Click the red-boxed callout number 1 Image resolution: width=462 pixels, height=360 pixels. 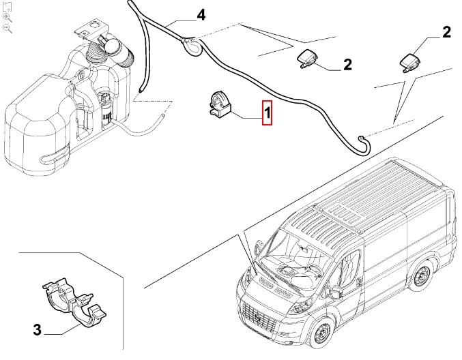point(268,113)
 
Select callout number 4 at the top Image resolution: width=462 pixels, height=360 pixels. point(201,15)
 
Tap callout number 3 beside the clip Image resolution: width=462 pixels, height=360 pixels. point(38,330)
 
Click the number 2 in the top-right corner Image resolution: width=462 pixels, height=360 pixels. point(446,31)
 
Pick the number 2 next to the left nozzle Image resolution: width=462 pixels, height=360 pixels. point(347,65)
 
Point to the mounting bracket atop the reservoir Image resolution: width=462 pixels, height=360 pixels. point(87,29)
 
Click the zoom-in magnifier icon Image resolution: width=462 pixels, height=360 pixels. point(8,17)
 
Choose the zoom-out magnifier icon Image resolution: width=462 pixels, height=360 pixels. point(8,28)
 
